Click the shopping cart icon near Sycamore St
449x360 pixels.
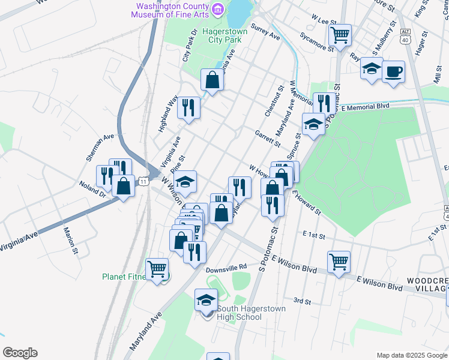pos(340,34)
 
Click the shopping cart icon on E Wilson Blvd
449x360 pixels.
pos(339,261)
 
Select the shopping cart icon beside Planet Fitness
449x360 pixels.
pos(157,269)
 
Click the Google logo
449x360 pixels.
pos(20,353)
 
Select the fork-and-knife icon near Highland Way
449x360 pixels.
pos(190,108)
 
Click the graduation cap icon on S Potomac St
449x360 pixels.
pos(313,124)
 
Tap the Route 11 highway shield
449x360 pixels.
pos(143,181)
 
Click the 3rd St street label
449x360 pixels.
pos(302,300)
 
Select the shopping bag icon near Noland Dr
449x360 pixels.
pos(124,185)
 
